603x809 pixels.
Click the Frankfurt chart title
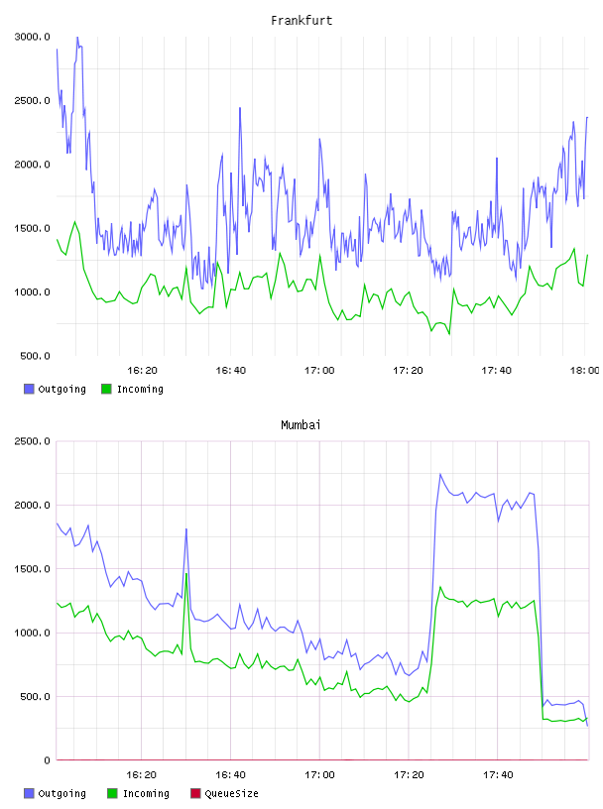(301, 21)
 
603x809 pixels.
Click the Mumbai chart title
(301, 425)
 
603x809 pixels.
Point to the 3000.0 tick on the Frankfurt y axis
(33, 37)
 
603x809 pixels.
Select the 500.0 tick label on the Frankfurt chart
(35, 356)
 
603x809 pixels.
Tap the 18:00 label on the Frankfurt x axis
(584, 371)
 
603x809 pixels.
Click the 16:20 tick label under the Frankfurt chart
(142, 371)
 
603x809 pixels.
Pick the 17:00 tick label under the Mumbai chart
(319, 775)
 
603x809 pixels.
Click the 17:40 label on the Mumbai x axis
(498, 775)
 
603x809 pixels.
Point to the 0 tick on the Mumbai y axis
(47, 760)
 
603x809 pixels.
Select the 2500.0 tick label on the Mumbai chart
(33, 441)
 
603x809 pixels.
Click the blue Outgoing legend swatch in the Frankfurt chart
(29, 389)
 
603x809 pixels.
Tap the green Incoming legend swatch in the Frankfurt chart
(106, 389)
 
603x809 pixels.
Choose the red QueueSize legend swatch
(195, 793)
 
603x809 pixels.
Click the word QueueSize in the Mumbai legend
(232, 793)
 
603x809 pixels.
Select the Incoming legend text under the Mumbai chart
(146, 794)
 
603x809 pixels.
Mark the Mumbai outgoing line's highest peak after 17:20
(440, 474)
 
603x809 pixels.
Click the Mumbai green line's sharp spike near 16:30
(185, 573)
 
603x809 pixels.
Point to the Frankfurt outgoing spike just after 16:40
(240, 108)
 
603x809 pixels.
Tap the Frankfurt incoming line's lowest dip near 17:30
(449, 334)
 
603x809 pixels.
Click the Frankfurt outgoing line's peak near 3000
(77, 37)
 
